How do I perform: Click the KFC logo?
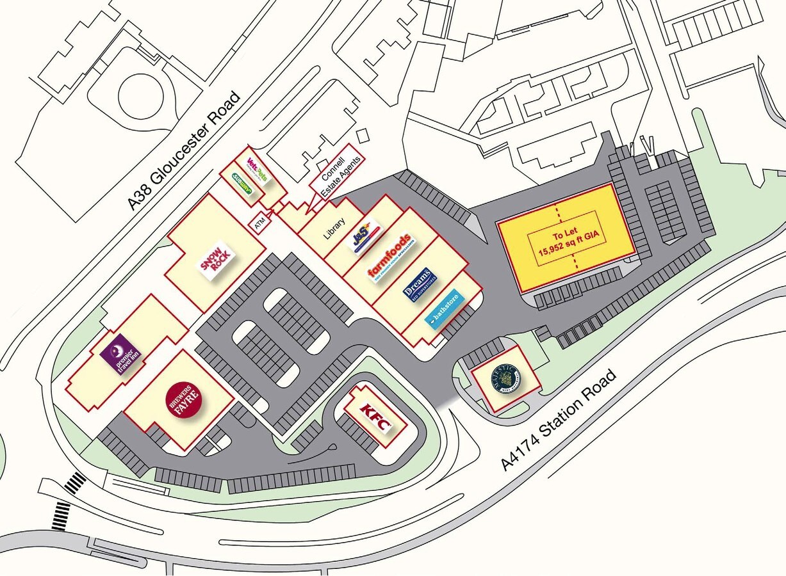(x=376, y=416)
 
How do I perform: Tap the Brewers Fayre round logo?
(x=184, y=399)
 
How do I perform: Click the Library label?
(x=334, y=228)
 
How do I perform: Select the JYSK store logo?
(x=362, y=236)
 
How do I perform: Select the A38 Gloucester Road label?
(x=184, y=151)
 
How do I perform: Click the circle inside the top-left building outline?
(x=136, y=97)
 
